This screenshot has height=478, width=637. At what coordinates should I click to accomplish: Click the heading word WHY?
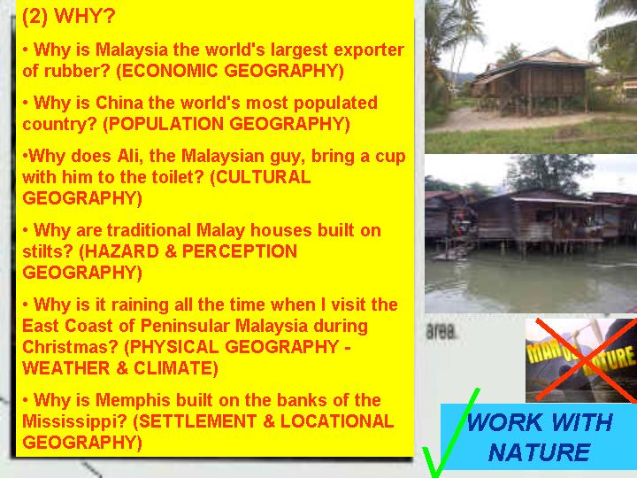point(85,16)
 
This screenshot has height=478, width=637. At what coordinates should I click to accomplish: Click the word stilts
point(48,251)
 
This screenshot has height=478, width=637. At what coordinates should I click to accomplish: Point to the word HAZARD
point(121,251)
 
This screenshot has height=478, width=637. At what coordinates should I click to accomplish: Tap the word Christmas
point(70,347)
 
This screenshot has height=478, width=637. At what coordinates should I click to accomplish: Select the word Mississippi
point(74,421)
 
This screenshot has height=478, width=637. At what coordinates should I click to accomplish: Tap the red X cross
point(586,360)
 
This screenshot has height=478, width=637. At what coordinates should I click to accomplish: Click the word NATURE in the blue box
point(539,452)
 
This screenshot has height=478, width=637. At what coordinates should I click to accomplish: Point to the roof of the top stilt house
point(533,62)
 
